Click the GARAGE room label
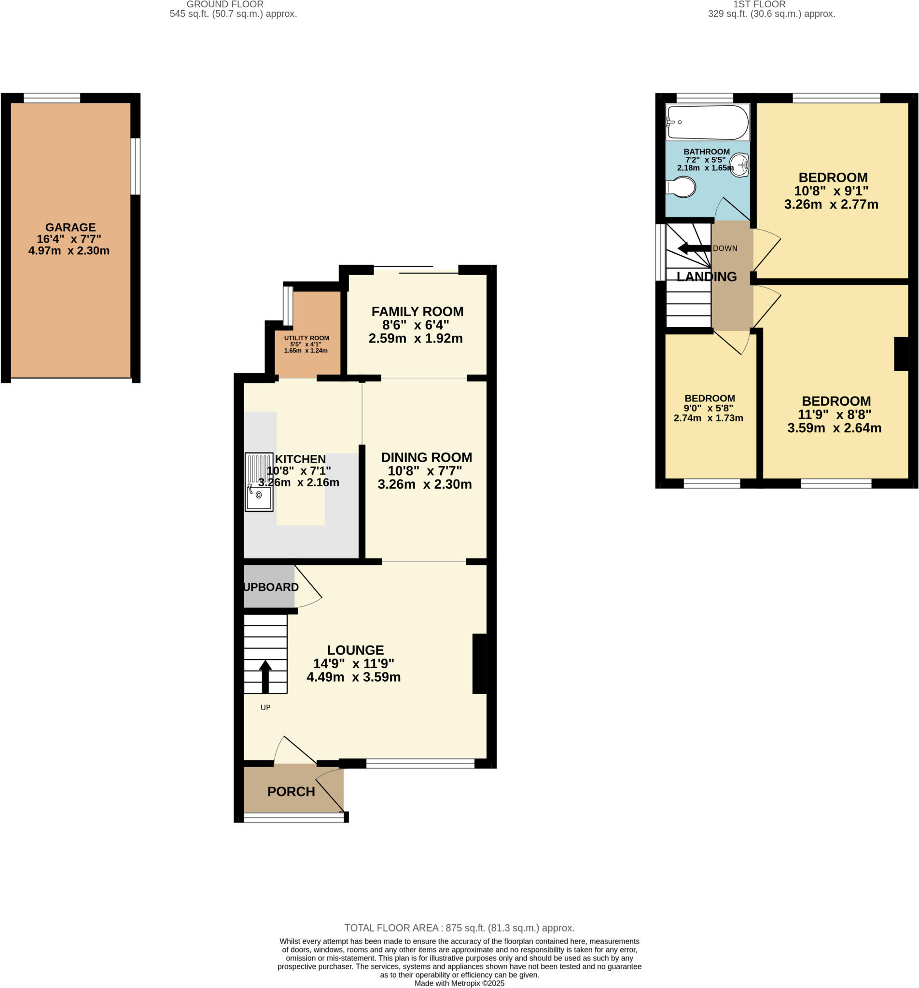point(70,228)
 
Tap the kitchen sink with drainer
point(259,481)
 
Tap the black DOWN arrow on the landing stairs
point(693,248)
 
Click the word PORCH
point(291,791)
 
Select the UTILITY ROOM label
point(306,338)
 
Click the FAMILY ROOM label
point(417,312)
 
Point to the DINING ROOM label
point(426,457)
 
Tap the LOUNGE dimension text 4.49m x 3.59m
point(353,677)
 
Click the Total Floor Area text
point(459,928)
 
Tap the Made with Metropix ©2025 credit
point(459,983)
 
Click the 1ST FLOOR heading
point(759,4)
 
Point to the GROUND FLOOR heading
point(225,4)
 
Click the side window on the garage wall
point(135,166)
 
